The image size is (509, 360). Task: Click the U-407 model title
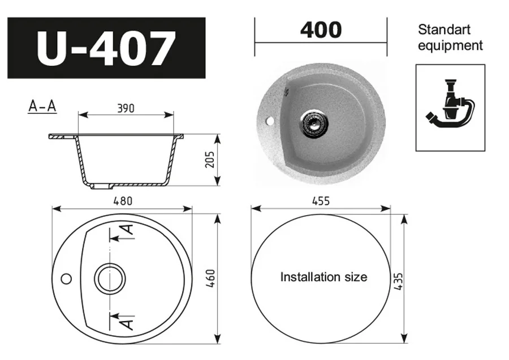[x=106, y=48]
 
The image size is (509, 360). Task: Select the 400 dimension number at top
[x=321, y=30]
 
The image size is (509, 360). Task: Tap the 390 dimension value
[x=125, y=108]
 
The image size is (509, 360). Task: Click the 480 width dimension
[x=122, y=200]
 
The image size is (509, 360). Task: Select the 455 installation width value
[x=320, y=201]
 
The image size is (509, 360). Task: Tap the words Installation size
[x=323, y=277]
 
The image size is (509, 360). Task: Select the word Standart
[x=444, y=29]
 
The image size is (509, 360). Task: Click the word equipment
[x=450, y=45]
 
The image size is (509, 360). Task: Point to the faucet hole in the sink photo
[x=269, y=121]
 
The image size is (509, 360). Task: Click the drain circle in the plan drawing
[x=109, y=278]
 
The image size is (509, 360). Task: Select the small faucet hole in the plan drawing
[x=66, y=278]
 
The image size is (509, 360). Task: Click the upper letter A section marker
[x=128, y=230]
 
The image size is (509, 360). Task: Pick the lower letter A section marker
[x=128, y=323]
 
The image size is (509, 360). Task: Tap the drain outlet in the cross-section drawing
[x=101, y=185]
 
